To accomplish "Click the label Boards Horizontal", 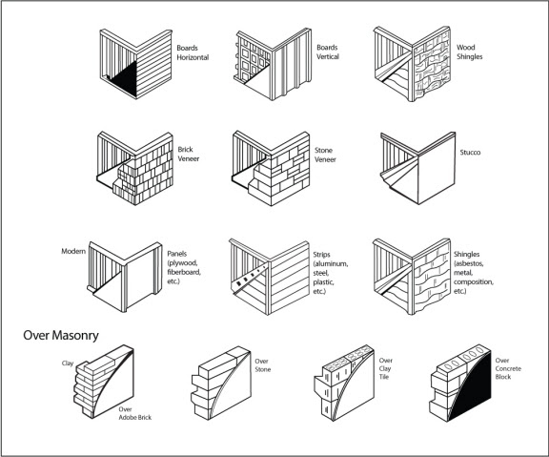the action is (x=193, y=52).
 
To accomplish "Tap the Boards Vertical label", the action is (x=328, y=52).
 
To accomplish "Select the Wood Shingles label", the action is (x=469, y=52).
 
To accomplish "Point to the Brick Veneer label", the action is (x=189, y=154).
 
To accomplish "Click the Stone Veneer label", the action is (x=325, y=155).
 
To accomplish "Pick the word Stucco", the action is (x=470, y=152).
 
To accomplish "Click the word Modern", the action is (x=73, y=251).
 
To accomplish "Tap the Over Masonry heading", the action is (x=61, y=336).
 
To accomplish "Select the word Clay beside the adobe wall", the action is (x=68, y=364).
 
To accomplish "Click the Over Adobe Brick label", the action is (x=134, y=413).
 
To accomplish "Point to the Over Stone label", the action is (x=263, y=365).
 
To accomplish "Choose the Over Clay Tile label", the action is (x=385, y=368).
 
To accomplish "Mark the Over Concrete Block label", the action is (x=508, y=368).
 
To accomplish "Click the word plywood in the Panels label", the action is (x=182, y=262).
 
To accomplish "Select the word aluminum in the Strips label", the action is (x=331, y=264).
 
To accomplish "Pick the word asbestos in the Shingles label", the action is (x=469, y=263).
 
